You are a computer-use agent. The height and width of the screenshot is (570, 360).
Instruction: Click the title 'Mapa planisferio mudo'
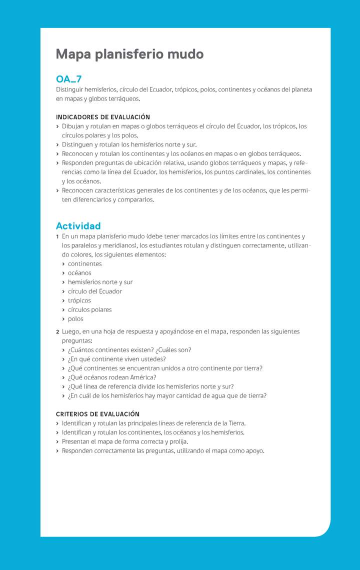129,54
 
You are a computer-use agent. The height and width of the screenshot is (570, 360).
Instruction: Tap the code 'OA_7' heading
68,79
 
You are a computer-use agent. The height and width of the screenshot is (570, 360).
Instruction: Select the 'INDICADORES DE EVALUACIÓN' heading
102,117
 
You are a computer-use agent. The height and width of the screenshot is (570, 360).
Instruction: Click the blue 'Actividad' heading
78,226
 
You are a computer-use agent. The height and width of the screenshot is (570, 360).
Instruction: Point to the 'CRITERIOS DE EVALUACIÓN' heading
97,414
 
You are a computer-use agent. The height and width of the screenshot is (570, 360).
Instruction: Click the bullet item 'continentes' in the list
84,264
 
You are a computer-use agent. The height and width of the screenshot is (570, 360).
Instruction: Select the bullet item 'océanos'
79,273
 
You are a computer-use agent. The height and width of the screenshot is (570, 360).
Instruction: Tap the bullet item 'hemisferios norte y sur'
100,282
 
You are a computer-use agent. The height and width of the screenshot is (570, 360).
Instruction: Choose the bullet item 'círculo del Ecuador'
94,291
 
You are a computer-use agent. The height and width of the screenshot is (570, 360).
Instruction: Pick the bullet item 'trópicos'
79,300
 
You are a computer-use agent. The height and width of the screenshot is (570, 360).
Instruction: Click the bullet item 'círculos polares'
89,309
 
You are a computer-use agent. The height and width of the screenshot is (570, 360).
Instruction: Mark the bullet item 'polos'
75,319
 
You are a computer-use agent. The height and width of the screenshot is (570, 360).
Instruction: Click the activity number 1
57,236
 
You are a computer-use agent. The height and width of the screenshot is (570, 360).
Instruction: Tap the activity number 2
57,331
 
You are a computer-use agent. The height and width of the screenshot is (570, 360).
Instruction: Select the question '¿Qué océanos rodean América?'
112,377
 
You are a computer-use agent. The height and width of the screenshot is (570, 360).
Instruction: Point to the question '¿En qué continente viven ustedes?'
116,359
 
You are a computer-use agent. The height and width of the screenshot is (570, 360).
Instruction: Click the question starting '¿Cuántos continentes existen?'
129,350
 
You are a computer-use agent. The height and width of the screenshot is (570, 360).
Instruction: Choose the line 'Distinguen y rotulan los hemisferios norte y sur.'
129,144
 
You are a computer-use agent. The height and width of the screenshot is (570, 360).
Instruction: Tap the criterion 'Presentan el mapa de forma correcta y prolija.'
124,441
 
